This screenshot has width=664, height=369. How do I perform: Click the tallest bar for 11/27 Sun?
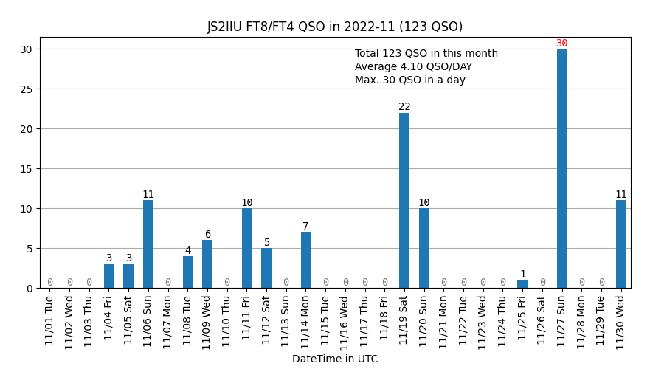pos(561,168)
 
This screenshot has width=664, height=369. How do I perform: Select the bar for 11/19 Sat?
pos(404,201)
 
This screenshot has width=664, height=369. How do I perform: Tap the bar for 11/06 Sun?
pos(148,244)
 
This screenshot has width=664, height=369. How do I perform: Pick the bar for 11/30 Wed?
pos(620,244)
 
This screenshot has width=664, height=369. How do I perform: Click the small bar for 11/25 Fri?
pos(522,284)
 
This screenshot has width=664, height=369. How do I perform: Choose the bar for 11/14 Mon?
pos(305,260)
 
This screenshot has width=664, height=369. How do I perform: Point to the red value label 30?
pos(562,44)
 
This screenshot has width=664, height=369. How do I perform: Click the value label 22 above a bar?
pos(404,107)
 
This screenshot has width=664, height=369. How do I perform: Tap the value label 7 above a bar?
pos(305,227)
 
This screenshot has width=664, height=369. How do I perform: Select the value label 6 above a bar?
pos(207,235)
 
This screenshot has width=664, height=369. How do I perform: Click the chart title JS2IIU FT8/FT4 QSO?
pos(334,27)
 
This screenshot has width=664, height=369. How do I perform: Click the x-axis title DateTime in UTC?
pos(334,359)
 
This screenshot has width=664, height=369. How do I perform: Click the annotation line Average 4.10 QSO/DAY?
pos(413,67)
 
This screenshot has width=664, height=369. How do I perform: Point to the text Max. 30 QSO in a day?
pos(409,80)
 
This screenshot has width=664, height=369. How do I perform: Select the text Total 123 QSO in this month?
pos(426,54)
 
